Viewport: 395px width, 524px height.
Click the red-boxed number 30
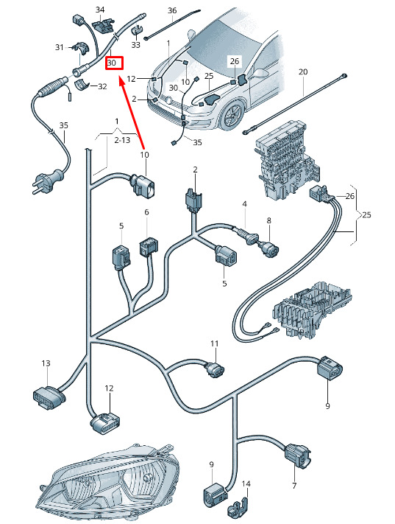click(x=112, y=63)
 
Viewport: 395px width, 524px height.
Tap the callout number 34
click(x=100, y=10)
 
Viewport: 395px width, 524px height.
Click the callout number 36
click(x=172, y=11)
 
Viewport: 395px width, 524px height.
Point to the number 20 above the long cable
click(x=303, y=71)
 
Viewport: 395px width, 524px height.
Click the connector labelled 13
click(x=49, y=397)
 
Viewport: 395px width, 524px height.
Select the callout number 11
click(x=215, y=343)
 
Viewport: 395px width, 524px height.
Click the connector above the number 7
click(x=297, y=455)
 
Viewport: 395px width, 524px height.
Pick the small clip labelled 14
click(x=238, y=508)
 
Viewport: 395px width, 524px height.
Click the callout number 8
click(x=269, y=220)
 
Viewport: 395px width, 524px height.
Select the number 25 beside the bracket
click(x=366, y=214)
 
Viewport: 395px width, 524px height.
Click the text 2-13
click(x=122, y=140)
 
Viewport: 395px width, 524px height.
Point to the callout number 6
click(x=146, y=212)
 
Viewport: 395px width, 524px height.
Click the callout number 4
click(x=244, y=204)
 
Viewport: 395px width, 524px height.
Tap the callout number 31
click(x=60, y=47)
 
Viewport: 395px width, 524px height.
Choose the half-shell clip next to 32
click(x=82, y=84)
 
